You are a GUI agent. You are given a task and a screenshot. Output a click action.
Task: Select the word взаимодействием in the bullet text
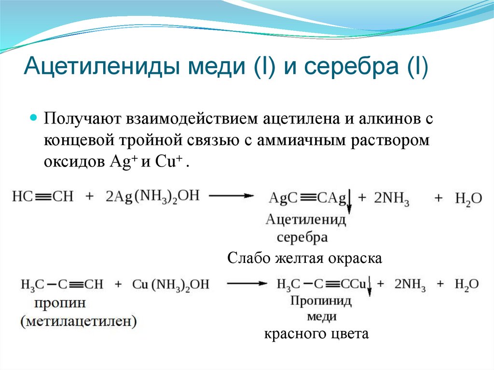(x=189, y=120)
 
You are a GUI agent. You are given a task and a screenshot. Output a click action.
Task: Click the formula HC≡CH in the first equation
(x=43, y=197)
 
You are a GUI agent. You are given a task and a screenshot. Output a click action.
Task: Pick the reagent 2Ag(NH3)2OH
(x=152, y=197)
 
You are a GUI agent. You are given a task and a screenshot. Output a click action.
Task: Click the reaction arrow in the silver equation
(x=232, y=195)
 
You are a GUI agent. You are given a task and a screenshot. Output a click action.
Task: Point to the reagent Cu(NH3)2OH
(x=171, y=285)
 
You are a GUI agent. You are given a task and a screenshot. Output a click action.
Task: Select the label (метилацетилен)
(x=78, y=321)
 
